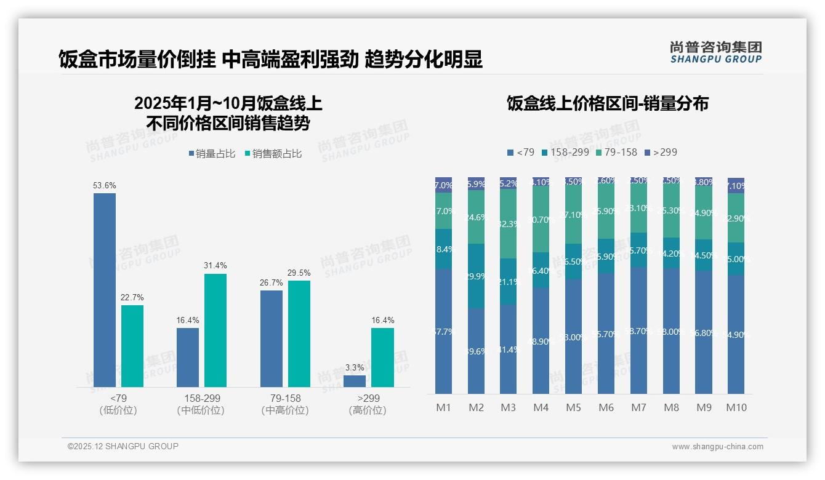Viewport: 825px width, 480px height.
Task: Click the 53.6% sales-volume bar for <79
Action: (105, 290)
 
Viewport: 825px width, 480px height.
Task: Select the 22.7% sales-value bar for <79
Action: (132, 346)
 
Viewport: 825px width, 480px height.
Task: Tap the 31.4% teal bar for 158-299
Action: (215, 330)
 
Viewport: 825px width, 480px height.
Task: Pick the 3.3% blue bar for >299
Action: (355, 381)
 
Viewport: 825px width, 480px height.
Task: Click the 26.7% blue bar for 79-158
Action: (272, 338)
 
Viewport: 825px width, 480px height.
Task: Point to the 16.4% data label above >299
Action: (382, 320)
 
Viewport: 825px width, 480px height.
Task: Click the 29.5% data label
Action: (299, 273)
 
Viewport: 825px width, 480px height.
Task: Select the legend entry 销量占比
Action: (212, 154)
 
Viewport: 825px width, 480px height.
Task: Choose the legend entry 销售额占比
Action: (273, 154)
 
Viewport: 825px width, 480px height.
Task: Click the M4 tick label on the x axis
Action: (541, 407)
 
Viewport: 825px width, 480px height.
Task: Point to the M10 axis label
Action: (736, 407)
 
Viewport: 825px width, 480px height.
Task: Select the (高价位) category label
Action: (368, 410)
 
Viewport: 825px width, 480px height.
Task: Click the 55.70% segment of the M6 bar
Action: (606, 333)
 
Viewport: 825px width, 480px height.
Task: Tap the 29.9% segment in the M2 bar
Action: (476, 276)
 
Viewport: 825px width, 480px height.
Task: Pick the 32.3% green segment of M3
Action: (509, 223)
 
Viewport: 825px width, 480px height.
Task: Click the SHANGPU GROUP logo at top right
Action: (715, 52)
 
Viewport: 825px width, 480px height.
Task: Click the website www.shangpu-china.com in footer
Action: (717, 447)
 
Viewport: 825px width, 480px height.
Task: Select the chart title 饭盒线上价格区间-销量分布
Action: (607, 103)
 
